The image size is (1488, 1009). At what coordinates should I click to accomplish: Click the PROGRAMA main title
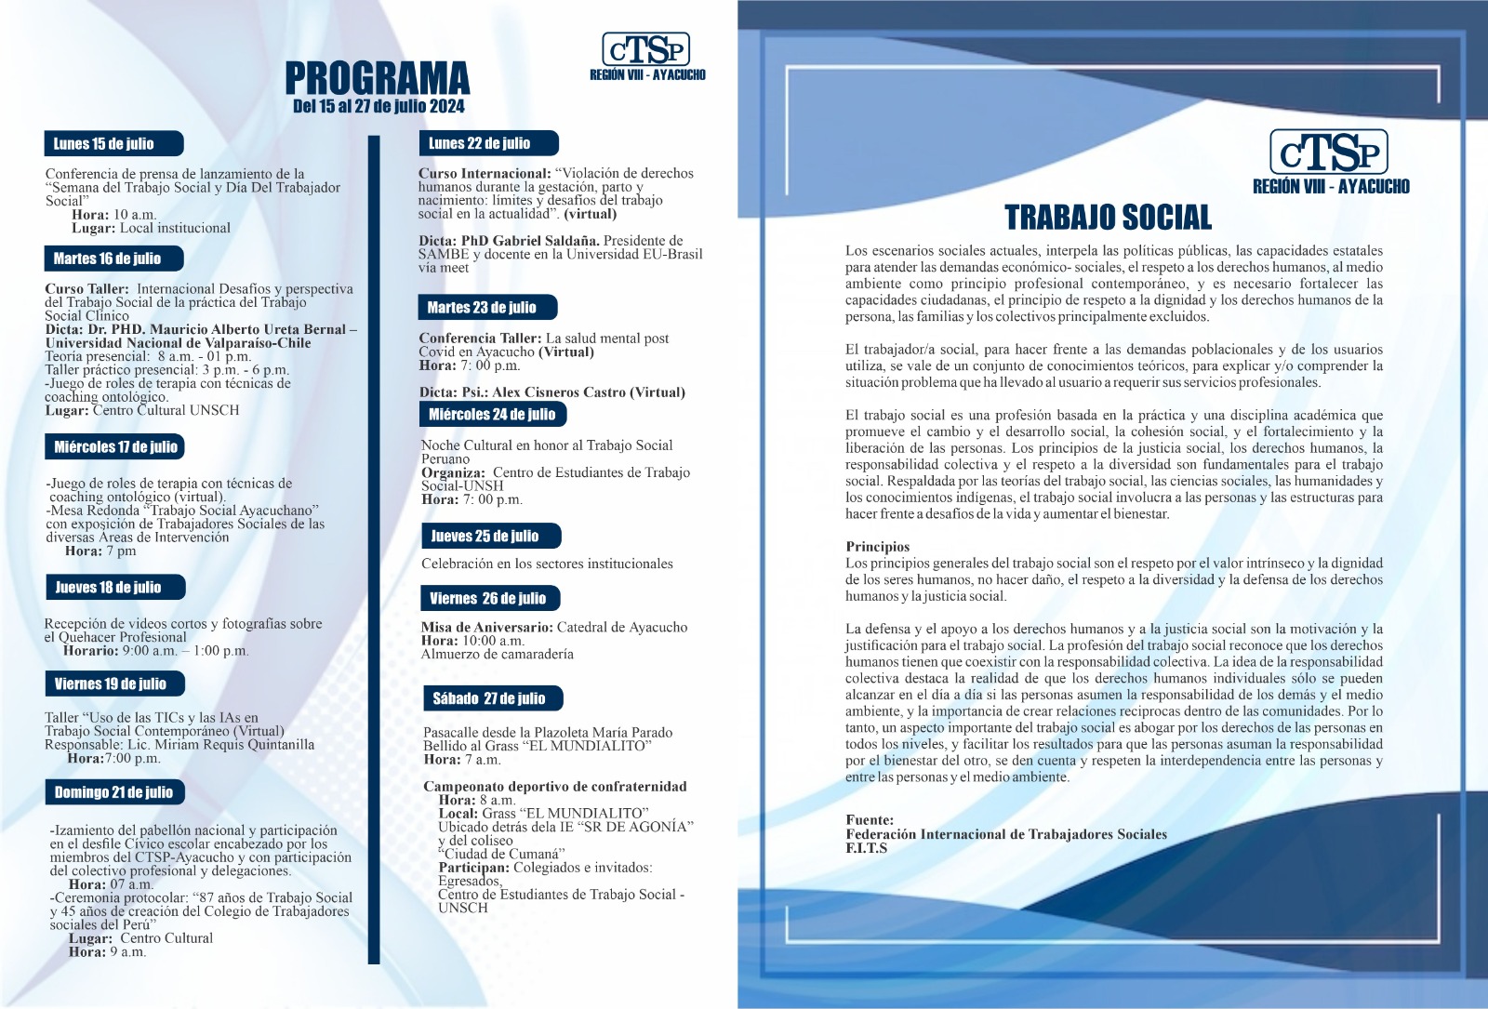click(377, 78)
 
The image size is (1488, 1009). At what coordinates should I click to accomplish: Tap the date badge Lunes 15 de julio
click(113, 143)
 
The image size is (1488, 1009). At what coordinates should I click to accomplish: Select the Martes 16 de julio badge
click(113, 259)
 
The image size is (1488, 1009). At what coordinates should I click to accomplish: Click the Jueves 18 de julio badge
click(113, 587)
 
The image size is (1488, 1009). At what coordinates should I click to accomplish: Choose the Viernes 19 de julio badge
click(114, 684)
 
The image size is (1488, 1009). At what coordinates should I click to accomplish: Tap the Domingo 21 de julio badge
click(114, 791)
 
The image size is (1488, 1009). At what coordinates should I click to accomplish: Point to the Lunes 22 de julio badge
click(487, 143)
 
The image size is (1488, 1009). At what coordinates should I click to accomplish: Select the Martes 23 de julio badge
click(487, 307)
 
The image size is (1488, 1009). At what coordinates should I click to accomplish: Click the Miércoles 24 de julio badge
click(492, 414)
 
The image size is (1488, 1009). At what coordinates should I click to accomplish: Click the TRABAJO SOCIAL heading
click(1108, 218)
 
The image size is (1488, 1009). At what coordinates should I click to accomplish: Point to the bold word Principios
click(877, 547)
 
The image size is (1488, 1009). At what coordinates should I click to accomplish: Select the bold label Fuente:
click(870, 820)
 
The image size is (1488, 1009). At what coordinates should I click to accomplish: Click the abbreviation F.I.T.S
click(866, 848)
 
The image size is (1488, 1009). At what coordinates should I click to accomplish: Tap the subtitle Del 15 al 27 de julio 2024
click(379, 106)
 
